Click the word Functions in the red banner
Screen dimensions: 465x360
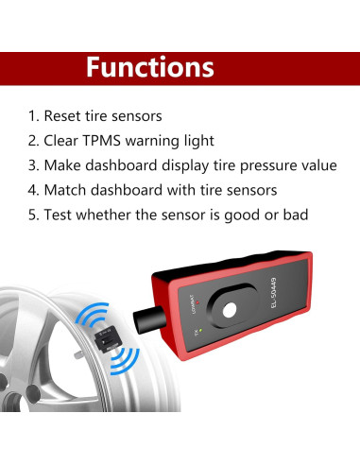point(150,67)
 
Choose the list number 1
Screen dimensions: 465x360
point(32,116)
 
